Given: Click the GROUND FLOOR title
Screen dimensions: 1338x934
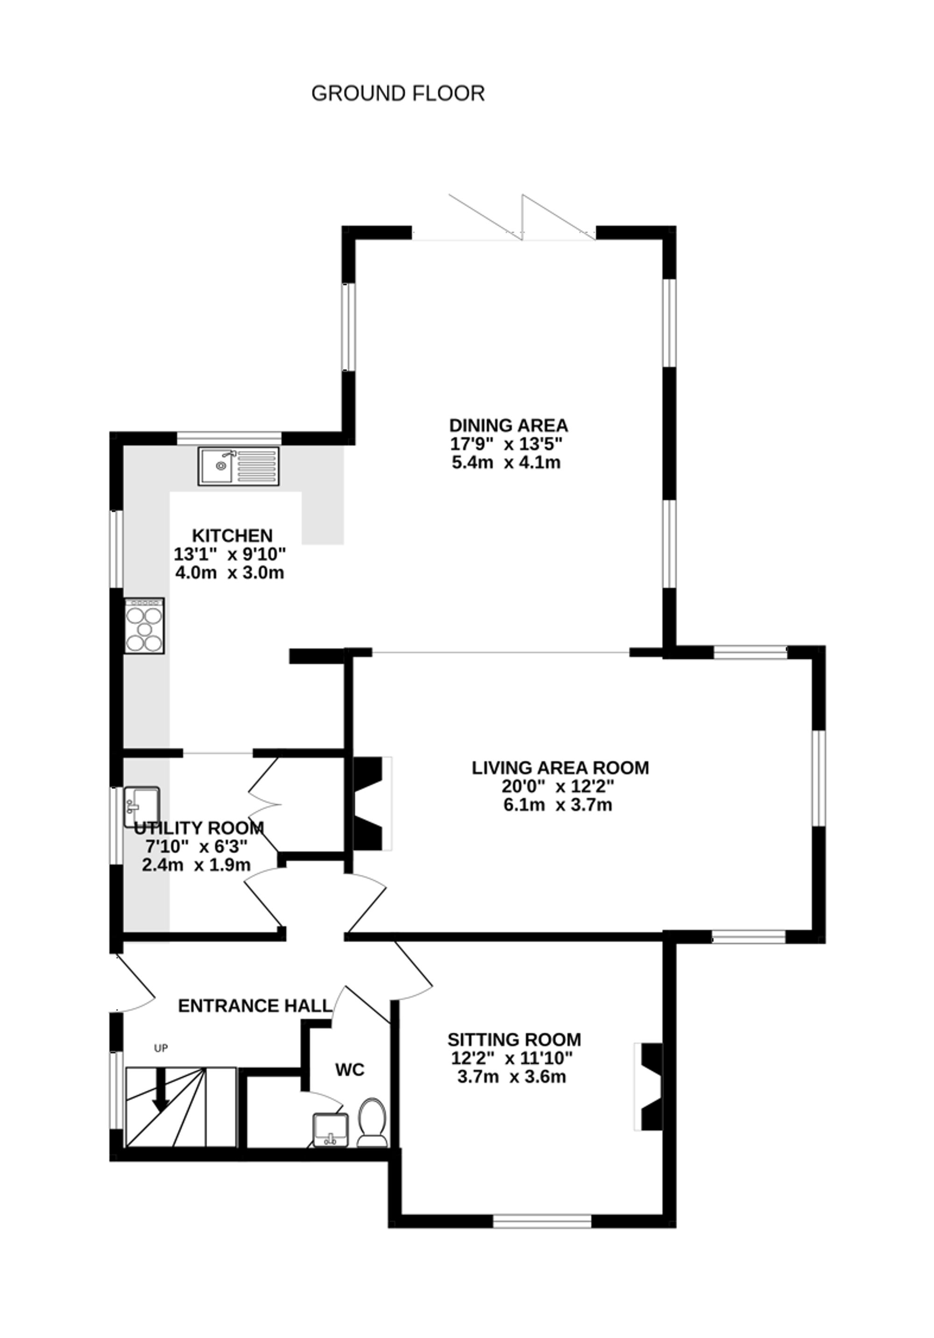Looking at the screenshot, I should pyautogui.click(x=398, y=93).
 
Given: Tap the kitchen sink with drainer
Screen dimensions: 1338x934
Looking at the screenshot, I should pyautogui.click(x=238, y=466).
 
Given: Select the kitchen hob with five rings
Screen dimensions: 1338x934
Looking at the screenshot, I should pyautogui.click(x=144, y=625).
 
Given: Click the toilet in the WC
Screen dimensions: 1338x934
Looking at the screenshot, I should pyautogui.click(x=372, y=1122).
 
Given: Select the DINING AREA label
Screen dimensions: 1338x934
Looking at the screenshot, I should pyautogui.click(x=508, y=425).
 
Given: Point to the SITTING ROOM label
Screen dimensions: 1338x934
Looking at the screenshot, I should pyautogui.click(x=514, y=1039).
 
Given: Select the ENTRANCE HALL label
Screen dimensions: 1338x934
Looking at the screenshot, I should pyautogui.click(x=255, y=1006).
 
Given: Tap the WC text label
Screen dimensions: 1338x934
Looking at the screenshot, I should pyautogui.click(x=350, y=1069).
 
